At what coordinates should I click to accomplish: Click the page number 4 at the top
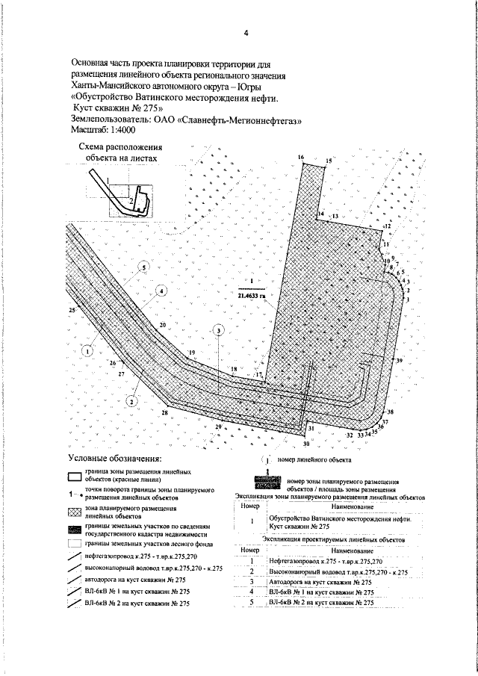(x=246, y=32)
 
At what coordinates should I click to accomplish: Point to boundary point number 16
(x=301, y=158)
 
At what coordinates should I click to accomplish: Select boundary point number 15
(x=329, y=161)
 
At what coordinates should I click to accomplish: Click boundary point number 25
(x=72, y=309)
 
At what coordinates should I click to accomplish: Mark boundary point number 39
(x=400, y=361)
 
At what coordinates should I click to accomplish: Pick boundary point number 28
(x=165, y=412)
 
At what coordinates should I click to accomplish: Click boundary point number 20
(x=163, y=325)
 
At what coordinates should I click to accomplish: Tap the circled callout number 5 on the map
(x=143, y=267)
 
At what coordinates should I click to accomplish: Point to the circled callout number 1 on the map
(x=87, y=349)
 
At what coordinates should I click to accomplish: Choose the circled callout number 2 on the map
(x=131, y=400)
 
